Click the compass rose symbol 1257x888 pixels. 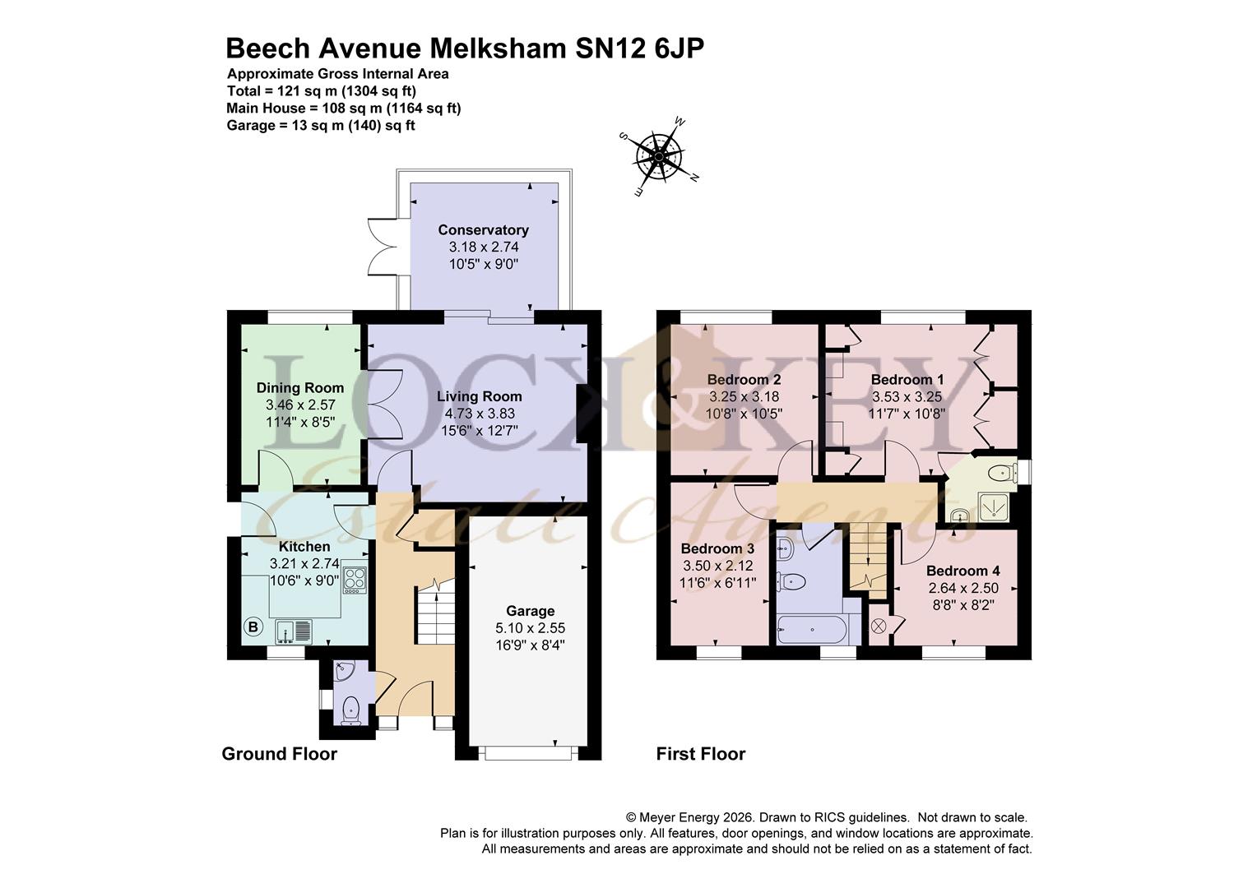pyautogui.click(x=659, y=155)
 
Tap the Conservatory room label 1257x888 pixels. pyautogui.click(x=483, y=230)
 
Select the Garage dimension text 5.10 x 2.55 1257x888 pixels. pyautogui.click(x=530, y=627)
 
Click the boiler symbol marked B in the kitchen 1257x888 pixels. pyautogui.click(x=253, y=627)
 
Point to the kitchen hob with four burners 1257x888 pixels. pyautogui.click(x=355, y=578)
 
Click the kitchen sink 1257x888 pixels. pyautogui.click(x=295, y=631)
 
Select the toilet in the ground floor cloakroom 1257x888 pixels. pyautogui.click(x=351, y=708)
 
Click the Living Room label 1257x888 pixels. pyautogui.click(x=479, y=396)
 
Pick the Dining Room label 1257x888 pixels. pyautogui.click(x=299, y=388)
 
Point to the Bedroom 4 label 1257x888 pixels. pyautogui.click(x=962, y=571)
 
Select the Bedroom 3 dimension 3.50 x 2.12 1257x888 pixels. pyautogui.click(x=717, y=566)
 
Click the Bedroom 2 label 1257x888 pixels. pyautogui.click(x=744, y=380)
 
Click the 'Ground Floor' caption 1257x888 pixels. pyautogui.click(x=279, y=754)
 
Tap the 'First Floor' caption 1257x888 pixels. pyautogui.click(x=700, y=754)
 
